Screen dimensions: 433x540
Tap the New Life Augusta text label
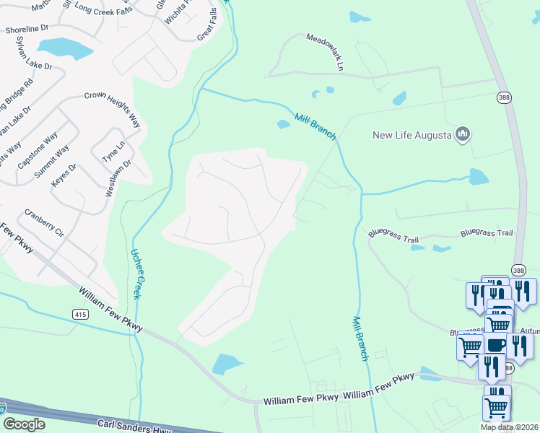(x=411, y=135)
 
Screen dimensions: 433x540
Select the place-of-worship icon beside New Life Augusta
(x=463, y=134)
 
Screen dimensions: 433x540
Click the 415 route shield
(x=80, y=313)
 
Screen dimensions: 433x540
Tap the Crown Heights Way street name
(x=111, y=108)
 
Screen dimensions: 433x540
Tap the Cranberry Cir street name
(x=44, y=223)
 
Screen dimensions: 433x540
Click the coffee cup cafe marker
(x=496, y=345)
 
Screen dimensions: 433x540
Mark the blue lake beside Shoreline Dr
(x=65, y=48)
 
